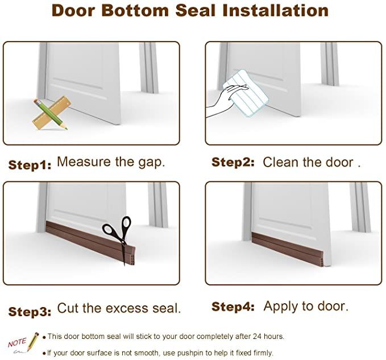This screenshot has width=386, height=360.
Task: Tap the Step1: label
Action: pyautogui.click(x=30, y=165)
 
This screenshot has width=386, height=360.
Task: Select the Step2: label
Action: pyautogui.click(x=233, y=163)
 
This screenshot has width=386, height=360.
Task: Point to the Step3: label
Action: pyautogui.click(x=30, y=311)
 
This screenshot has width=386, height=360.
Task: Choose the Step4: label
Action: pyautogui.click(x=233, y=307)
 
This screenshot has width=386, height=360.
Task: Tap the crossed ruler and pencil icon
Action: pyautogui.click(x=49, y=113)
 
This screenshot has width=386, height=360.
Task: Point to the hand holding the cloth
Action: pyautogui.click(x=218, y=105)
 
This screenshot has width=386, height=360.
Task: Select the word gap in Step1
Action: pyautogui.click(x=150, y=162)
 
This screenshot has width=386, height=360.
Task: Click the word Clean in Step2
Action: pyautogui.click(x=279, y=162)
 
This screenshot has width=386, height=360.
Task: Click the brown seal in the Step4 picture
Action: pyautogui.click(x=290, y=245)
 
